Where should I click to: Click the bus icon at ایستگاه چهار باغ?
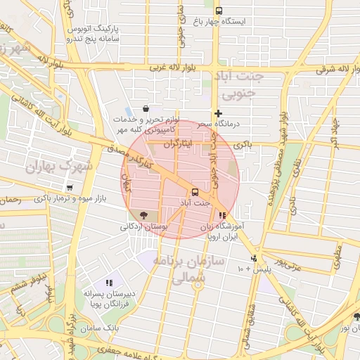[219, 11]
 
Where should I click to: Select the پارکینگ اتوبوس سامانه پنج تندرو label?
[92, 34]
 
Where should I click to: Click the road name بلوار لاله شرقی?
[324, 70]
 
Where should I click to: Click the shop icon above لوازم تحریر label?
[146, 109]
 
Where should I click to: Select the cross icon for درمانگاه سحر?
[219, 113]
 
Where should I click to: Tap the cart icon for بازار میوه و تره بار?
[69, 188]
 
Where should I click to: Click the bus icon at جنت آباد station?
[195, 192]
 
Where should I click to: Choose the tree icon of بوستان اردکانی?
[144, 215]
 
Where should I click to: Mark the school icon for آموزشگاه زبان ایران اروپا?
[223, 216]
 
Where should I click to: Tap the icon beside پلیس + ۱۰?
[256, 258]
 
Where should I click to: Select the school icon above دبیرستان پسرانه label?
[108, 282]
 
